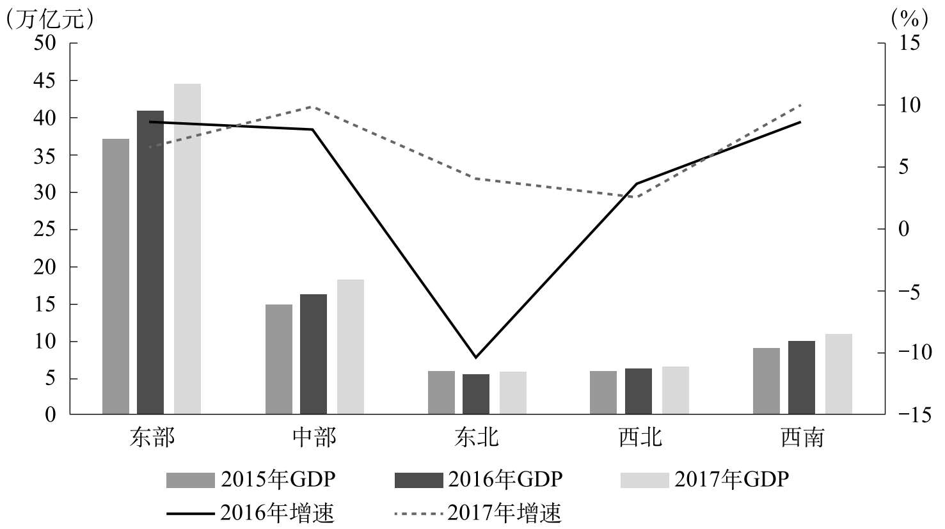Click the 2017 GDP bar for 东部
point(187,249)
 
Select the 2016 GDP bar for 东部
point(150,262)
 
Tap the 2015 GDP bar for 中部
point(279,359)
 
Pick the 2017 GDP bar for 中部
point(351,347)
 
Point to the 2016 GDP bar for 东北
point(476,394)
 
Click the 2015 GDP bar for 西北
point(603,393)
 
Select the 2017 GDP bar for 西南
point(839,374)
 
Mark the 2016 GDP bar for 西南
point(802,377)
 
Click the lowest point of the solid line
point(475,357)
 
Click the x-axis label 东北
point(476,438)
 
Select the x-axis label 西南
point(802,438)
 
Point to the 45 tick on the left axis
point(49,81)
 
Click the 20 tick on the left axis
point(49,267)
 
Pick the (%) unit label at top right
point(909,19)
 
